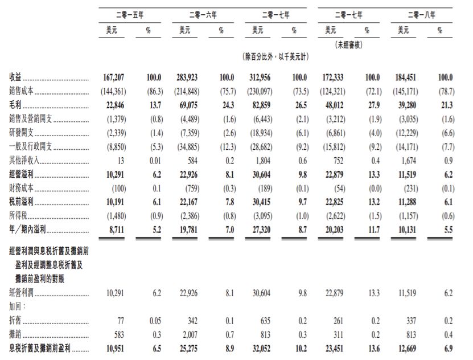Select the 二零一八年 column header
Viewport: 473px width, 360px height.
point(422,14)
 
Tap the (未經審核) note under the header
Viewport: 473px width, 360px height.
point(348,44)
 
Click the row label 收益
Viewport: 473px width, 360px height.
point(15,77)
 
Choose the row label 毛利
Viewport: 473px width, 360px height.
point(15,105)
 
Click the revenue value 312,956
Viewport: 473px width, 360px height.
point(264,77)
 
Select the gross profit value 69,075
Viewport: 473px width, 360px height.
point(191,105)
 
